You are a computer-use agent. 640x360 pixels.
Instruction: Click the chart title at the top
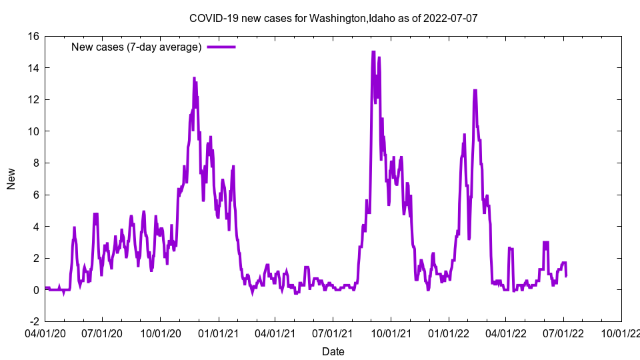pos(333,18)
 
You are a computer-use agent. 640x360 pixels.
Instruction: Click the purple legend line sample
pos(221,47)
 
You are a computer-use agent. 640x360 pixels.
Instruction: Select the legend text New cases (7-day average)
pos(136,47)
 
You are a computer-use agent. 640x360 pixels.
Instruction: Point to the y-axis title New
pos(11,179)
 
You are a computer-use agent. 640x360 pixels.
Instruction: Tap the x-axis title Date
pos(333,351)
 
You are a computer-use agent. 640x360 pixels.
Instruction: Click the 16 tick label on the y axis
pos(33,36)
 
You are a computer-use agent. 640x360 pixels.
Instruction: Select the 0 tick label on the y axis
pos(36,290)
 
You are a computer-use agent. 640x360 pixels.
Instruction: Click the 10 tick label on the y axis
pos(33,131)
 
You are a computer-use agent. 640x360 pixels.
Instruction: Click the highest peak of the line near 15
pos(373,52)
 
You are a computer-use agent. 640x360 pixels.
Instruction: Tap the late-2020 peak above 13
pos(195,78)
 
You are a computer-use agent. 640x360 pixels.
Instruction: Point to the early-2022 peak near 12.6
pos(475,90)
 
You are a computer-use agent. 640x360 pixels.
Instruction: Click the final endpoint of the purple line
pos(566,275)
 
